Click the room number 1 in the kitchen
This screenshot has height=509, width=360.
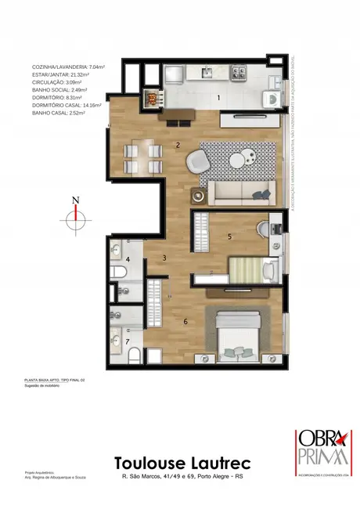[219, 98]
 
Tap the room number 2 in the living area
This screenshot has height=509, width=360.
[178, 145]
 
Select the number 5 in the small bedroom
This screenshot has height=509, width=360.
[229, 236]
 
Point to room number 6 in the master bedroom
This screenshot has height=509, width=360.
[185, 320]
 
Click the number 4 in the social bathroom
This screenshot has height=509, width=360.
[128, 258]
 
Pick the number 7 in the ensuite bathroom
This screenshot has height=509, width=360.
[128, 341]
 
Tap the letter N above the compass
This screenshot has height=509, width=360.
[75, 200]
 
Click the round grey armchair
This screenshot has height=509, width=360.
[198, 163]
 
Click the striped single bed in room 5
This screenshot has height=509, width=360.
[247, 270]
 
